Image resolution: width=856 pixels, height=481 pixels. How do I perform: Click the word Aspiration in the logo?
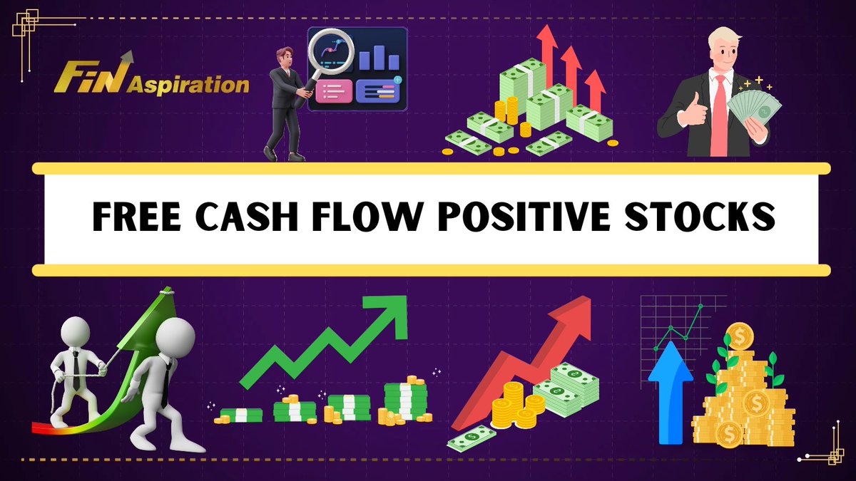coord(188,86)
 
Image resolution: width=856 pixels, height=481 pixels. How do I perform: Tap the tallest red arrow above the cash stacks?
coord(547,50)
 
